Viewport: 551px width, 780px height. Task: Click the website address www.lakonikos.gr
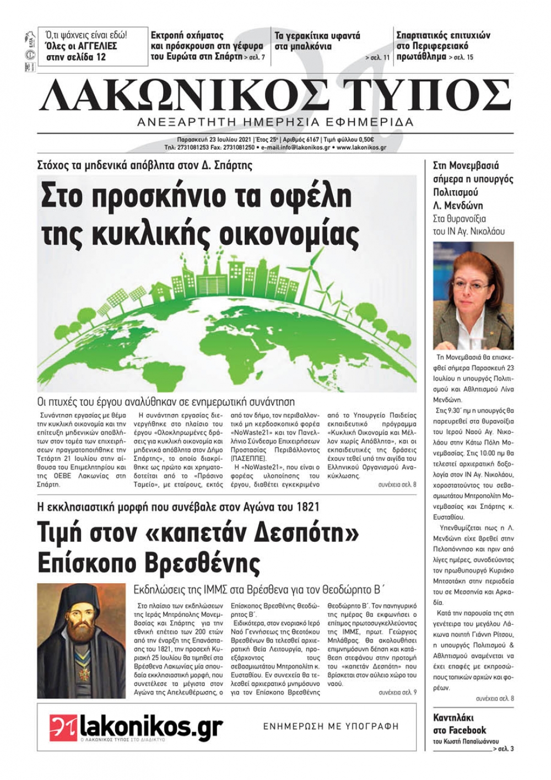361,148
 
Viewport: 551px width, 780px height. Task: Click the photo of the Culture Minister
473,295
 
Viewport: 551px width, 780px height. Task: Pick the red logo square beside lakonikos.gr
62,727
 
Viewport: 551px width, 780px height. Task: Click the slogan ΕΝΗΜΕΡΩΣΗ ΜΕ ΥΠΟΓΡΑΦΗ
330,726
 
